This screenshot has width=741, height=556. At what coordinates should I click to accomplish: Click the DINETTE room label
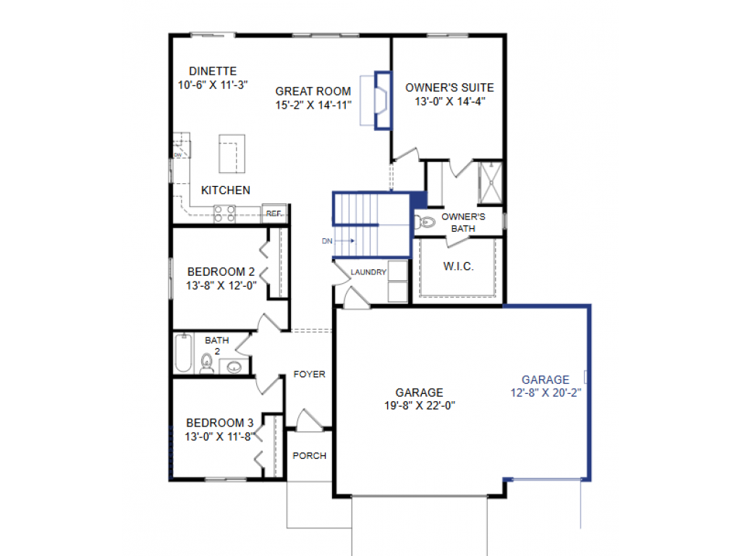click(x=213, y=71)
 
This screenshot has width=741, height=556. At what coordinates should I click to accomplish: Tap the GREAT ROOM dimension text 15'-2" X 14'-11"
click(x=313, y=104)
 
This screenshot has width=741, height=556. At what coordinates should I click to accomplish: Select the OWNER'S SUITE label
click(x=449, y=88)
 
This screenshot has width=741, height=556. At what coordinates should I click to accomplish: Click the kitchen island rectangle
click(x=232, y=153)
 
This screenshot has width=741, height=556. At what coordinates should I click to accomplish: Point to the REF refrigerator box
click(x=274, y=214)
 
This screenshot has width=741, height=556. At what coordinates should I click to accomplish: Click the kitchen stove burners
click(x=224, y=212)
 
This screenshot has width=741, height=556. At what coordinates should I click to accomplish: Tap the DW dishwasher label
click(x=178, y=154)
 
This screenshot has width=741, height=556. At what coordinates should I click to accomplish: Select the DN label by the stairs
click(x=327, y=241)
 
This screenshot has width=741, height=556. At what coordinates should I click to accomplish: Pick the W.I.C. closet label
click(x=458, y=266)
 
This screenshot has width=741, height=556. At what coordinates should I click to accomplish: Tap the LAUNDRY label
click(x=368, y=272)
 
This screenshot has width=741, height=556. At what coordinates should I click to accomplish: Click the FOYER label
click(x=309, y=374)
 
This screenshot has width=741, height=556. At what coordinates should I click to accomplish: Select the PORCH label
click(x=309, y=456)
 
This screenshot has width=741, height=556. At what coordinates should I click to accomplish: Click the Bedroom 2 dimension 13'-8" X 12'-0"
click(x=221, y=285)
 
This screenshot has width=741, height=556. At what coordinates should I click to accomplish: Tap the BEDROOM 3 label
click(x=220, y=423)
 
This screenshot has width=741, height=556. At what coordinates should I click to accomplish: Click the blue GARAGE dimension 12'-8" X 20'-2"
click(x=546, y=392)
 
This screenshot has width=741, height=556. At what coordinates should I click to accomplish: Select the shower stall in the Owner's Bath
click(x=491, y=184)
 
